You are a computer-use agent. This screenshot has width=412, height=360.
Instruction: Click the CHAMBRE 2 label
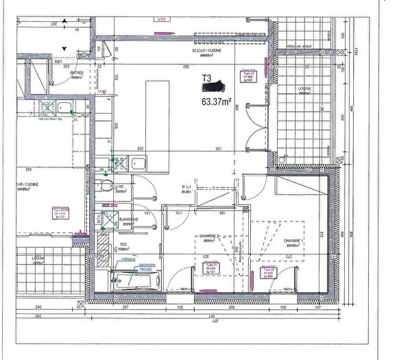208,236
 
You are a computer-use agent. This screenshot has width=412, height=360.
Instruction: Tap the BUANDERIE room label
128,219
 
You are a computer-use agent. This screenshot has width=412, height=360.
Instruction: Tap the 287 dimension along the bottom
125,308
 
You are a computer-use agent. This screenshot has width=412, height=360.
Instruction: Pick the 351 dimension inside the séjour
219,148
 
